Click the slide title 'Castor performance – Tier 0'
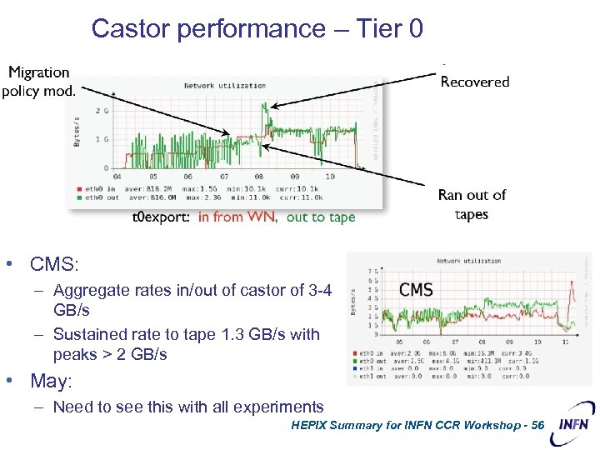tap(257, 28)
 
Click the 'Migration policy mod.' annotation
tap(38, 82)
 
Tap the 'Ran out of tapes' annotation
tap(472, 204)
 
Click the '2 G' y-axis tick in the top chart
tap(102, 111)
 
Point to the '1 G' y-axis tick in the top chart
tap(102, 138)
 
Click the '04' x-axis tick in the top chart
tap(117, 177)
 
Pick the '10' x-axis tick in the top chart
tap(330, 177)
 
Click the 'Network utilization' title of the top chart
tap(224, 85)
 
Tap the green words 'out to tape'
tap(321, 217)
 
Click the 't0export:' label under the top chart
tap(162, 217)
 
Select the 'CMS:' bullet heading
tap(54, 265)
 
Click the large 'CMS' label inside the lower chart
tap(416, 290)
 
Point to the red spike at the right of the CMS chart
tap(572, 292)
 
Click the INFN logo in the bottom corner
tap(572, 422)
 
